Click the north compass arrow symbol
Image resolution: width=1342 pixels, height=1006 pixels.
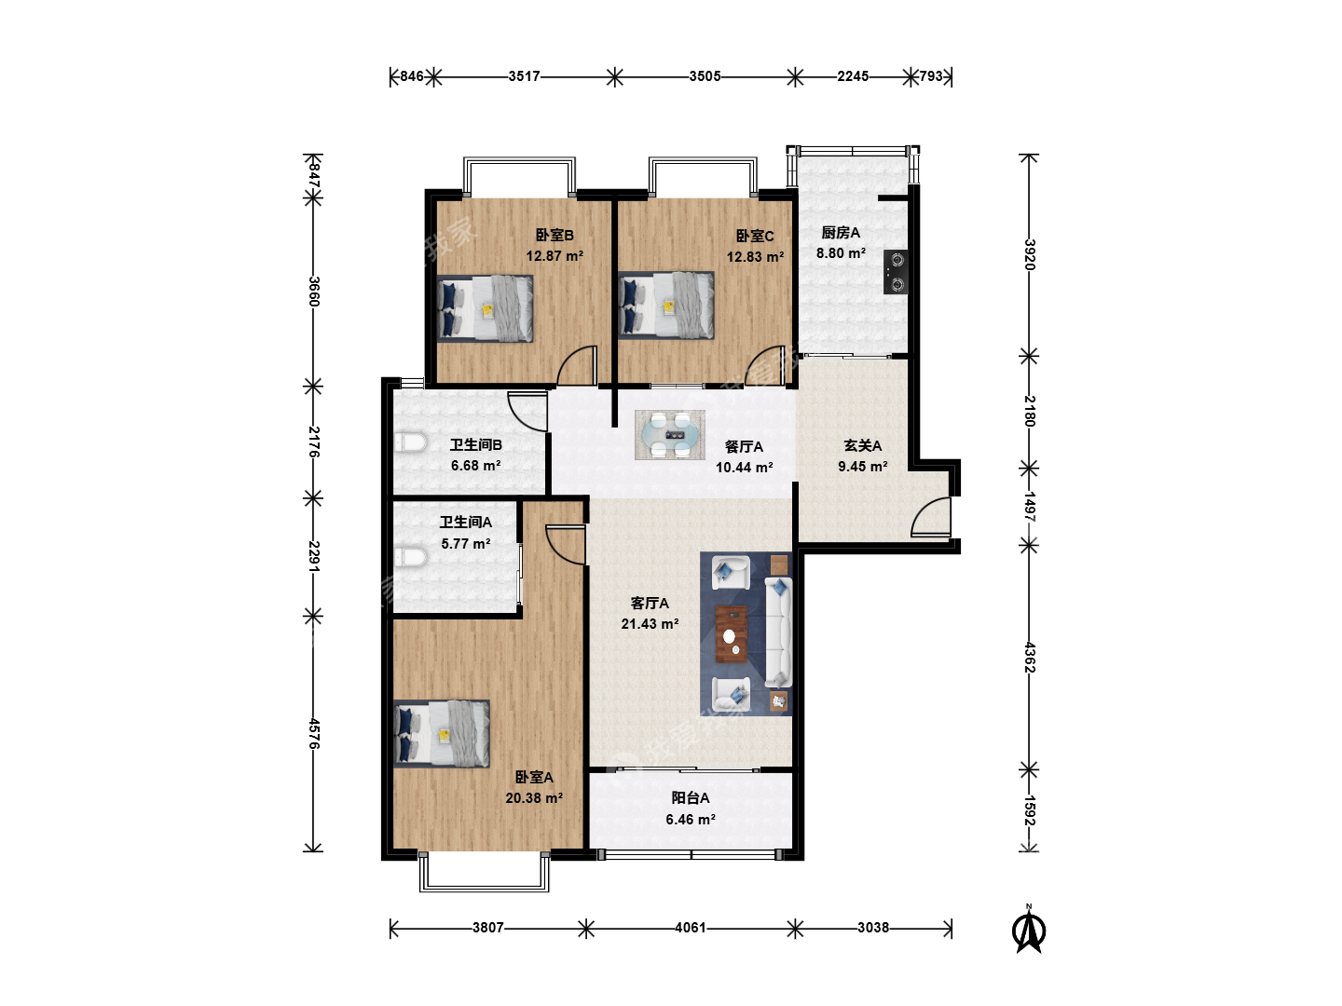[x=1028, y=929]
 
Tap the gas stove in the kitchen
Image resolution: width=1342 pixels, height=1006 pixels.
[x=895, y=272]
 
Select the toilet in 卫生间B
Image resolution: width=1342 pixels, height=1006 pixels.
[x=410, y=442]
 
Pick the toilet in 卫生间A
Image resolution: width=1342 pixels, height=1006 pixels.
[x=410, y=557]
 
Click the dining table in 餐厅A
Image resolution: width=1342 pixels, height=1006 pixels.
[x=669, y=434]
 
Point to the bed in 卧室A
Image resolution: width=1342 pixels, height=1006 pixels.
[x=442, y=733]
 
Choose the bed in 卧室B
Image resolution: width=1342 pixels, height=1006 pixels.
[x=485, y=308]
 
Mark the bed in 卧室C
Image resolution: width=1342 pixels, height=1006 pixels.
[x=665, y=305]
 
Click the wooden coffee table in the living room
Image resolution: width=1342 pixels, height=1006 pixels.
[x=732, y=634]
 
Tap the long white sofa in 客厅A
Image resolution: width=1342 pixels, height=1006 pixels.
[x=779, y=632]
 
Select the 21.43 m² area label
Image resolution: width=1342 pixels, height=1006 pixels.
[x=650, y=624]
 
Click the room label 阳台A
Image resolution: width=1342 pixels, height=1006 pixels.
[x=691, y=797]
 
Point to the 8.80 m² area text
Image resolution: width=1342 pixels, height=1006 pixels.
[x=841, y=252]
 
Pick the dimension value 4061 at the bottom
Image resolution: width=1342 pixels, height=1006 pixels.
[x=691, y=928]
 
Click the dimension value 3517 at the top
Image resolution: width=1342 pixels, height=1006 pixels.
[x=524, y=76]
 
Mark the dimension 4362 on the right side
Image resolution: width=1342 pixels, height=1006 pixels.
[x=1030, y=658]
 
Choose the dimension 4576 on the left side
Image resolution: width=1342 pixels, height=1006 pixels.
[x=314, y=734]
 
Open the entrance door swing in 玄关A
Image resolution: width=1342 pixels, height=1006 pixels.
[x=930, y=517]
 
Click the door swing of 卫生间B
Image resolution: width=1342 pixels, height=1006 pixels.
[x=527, y=412]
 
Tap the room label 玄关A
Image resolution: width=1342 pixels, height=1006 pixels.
[x=863, y=446]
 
